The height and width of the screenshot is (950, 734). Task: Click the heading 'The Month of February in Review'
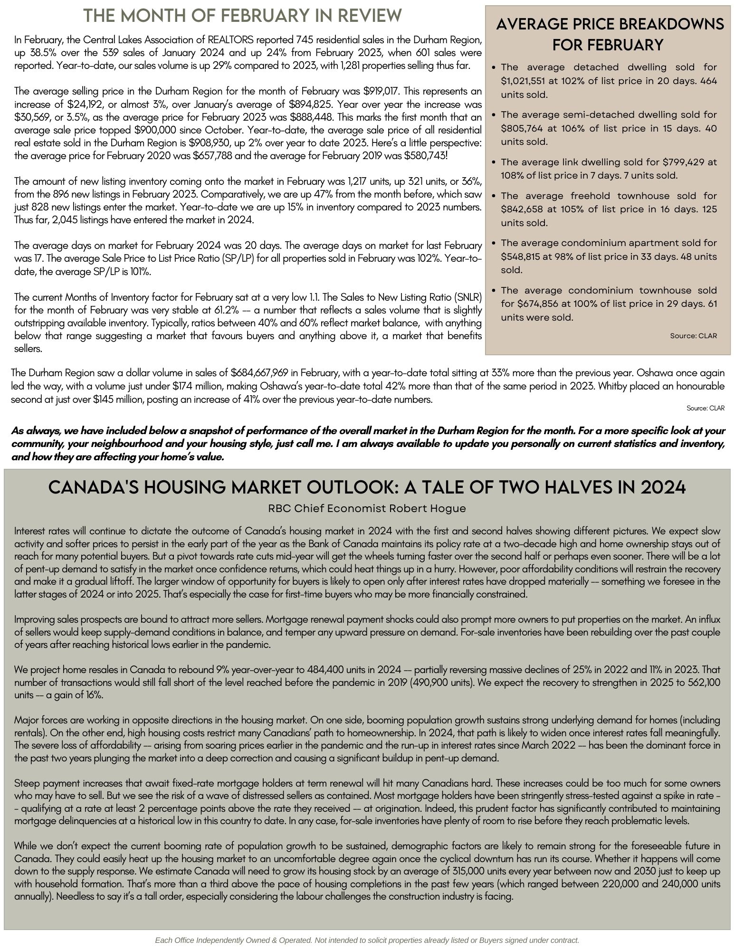(243, 16)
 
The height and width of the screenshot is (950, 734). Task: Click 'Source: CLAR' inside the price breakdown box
(693, 336)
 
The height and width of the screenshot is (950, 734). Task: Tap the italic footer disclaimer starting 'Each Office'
(367, 940)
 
